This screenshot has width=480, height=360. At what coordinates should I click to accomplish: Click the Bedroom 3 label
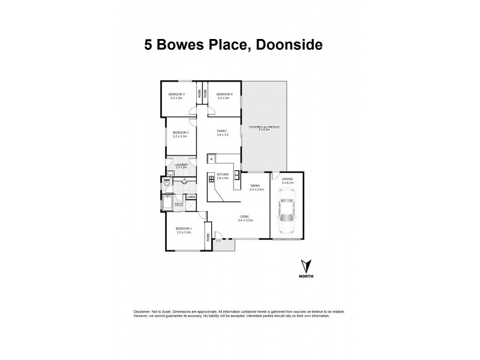click(176, 94)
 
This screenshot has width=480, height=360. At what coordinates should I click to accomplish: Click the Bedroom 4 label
click(224, 94)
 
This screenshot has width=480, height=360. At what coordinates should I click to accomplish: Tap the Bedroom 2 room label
click(181, 133)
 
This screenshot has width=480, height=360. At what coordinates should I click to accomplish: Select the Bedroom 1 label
click(183, 229)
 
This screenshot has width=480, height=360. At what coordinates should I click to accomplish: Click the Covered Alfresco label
click(265, 128)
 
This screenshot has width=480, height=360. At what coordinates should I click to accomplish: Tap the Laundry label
click(181, 164)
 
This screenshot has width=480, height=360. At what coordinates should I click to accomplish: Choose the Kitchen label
click(223, 176)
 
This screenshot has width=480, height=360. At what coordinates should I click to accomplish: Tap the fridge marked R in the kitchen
click(211, 159)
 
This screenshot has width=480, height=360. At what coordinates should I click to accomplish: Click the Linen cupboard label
click(191, 197)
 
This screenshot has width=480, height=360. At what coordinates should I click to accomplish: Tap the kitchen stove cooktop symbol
click(212, 178)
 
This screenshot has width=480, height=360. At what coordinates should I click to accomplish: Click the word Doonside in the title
click(287, 45)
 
